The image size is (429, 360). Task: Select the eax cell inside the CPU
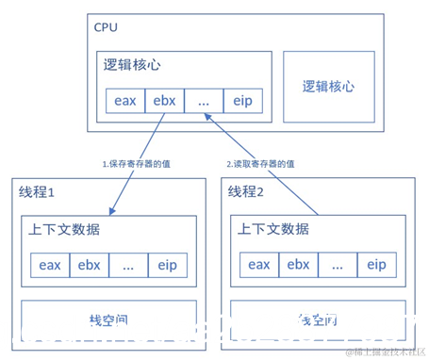point(124,100)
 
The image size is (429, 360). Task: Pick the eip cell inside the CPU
point(241,100)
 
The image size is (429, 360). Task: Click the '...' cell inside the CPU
point(203,100)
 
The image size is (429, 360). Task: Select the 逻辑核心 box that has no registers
point(328,86)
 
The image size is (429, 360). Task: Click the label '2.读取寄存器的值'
point(260,163)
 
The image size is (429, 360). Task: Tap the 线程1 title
point(38,191)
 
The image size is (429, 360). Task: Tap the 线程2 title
point(247,191)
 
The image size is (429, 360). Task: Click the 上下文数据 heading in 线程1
point(65,230)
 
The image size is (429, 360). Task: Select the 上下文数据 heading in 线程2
point(273,230)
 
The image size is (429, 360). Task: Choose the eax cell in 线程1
point(50,265)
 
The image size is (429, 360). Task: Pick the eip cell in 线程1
point(167,265)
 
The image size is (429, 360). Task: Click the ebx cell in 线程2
point(298,265)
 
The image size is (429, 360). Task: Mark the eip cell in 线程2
point(375,265)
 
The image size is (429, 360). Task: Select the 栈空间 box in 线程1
point(108,319)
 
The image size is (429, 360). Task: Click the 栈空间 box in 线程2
point(318,319)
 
